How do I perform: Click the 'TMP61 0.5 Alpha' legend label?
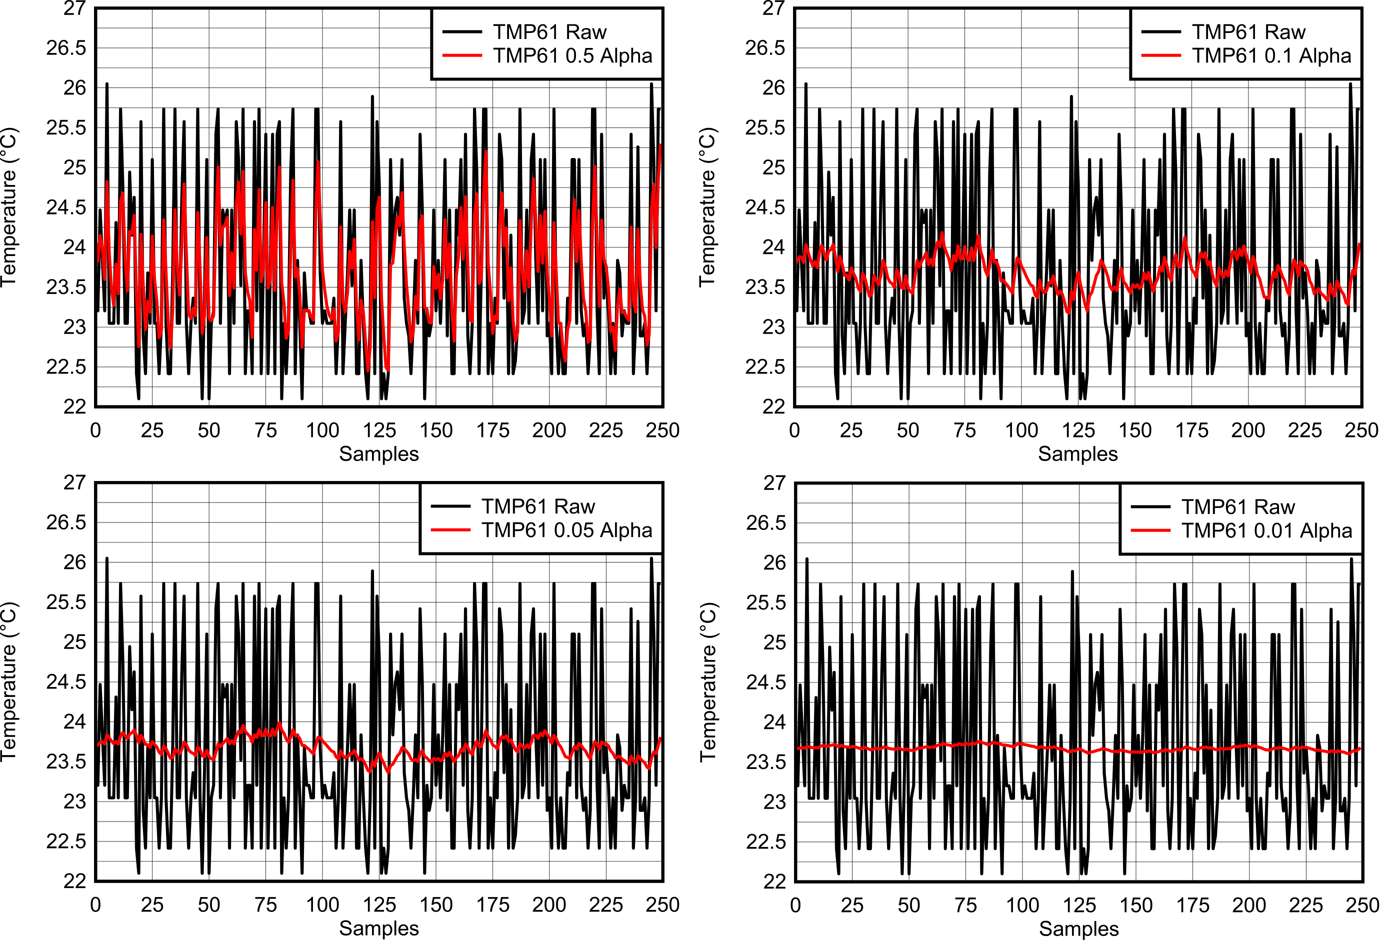coord(572,55)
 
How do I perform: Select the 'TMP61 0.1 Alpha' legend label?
coord(1271,55)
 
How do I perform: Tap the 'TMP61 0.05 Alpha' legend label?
coord(566,530)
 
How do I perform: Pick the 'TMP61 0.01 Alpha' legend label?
coord(1266,530)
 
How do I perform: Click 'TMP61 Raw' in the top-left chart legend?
coord(549,32)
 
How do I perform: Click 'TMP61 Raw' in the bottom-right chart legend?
coord(1237,507)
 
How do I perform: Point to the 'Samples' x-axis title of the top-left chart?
coord(379,453)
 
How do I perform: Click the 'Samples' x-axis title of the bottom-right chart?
coord(1078,929)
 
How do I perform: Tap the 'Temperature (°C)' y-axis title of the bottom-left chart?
coord(8,681)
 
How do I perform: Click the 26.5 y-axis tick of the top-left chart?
coord(66,48)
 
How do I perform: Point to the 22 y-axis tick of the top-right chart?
coord(773,406)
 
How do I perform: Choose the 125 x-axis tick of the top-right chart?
coord(1078,430)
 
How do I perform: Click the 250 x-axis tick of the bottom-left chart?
coord(662,905)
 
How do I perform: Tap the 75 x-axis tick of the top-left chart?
coord(265,430)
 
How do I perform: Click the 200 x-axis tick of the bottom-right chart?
coord(1249,905)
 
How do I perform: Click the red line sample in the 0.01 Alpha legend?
coord(1150,530)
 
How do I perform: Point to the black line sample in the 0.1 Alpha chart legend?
coord(1161,32)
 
